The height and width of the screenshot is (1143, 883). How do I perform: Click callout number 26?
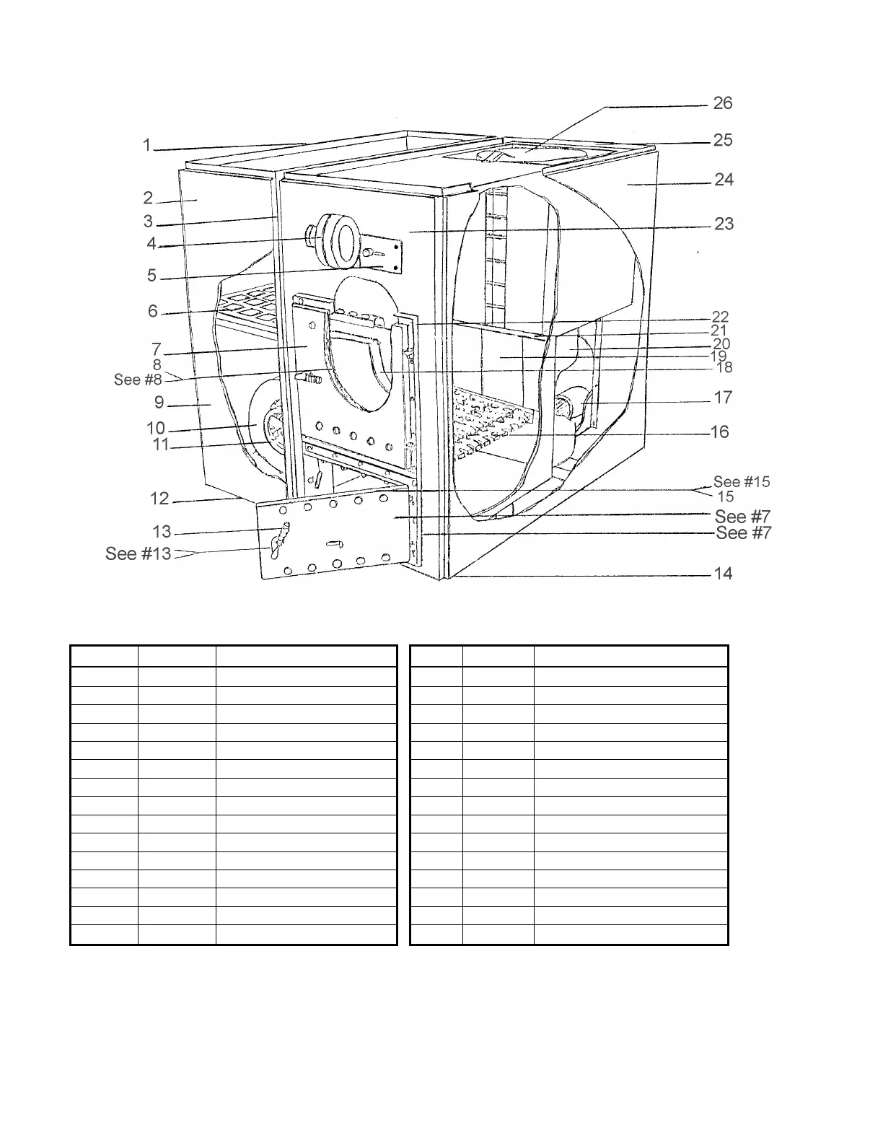coord(723,103)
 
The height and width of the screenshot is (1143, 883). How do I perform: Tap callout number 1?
coord(147,145)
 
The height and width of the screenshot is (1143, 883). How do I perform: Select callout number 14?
coord(723,574)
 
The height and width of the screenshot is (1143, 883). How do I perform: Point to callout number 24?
coord(724,180)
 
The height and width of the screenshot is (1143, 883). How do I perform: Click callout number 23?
coord(724,224)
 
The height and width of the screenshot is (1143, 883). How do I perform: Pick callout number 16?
coord(720,432)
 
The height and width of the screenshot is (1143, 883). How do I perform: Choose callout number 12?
coord(159,499)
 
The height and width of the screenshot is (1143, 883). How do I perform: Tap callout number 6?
coord(153,311)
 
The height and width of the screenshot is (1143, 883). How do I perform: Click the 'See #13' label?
coord(139,553)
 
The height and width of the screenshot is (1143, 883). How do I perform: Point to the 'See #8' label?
coord(138,380)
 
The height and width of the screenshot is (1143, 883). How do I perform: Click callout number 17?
coord(723,398)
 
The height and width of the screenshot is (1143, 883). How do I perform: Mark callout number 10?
coord(156,429)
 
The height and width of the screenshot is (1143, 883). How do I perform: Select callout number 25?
coord(723,140)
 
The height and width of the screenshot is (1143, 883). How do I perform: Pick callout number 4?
coord(151,244)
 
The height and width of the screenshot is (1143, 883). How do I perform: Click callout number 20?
coord(721,344)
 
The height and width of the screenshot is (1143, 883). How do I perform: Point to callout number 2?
coord(148,198)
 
